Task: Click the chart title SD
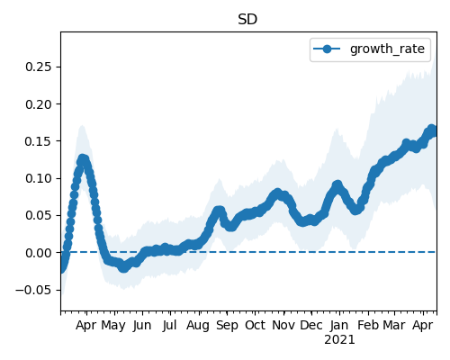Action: point(247,20)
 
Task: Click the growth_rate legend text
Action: point(387,49)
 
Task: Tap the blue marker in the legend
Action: point(327,49)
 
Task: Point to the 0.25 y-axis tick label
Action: point(39,67)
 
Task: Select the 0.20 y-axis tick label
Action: point(39,104)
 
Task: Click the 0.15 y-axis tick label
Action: point(39,141)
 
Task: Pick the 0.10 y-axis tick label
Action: point(39,178)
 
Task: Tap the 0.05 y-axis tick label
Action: point(39,216)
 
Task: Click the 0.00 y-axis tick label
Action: point(39,253)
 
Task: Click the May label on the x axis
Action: point(113,326)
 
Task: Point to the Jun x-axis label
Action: point(142,326)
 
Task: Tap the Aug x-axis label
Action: point(198,326)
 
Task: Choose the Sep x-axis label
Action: point(227,326)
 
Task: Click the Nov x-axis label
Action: point(283,326)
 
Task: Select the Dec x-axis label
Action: point(311,326)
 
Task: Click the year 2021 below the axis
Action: point(339,340)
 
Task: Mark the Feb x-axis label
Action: point(368,326)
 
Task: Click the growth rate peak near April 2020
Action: point(82,159)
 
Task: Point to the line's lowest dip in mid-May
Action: point(123,268)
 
